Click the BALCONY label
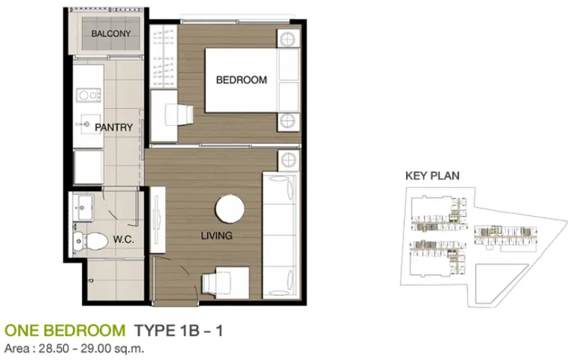(111, 33)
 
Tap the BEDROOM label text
(241, 80)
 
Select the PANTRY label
(114, 127)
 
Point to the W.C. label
(123, 240)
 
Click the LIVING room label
(217, 235)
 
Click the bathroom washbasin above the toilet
(83, 207)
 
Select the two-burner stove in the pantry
(89, 95)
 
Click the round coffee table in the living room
(230, 209)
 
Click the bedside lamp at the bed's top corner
(287, 39)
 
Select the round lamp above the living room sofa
(288, 160)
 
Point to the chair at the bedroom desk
(179, 115)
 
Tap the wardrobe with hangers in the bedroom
(163, 56)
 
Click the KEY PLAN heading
(433, 175)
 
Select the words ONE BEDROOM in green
(65, 331)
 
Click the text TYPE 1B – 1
(179, 331)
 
